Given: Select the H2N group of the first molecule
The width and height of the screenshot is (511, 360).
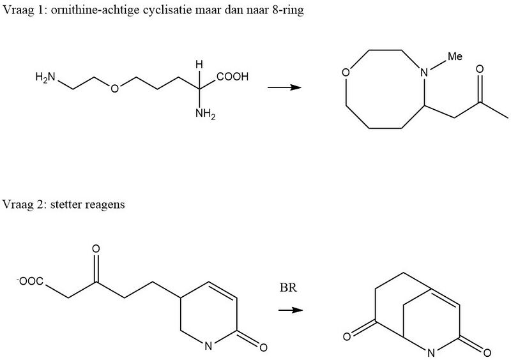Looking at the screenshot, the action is [x=45, y=77].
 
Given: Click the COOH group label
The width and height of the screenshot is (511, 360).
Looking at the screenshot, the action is [x=233, y=77].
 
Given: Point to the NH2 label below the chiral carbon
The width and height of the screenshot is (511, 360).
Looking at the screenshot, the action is [x=205, y=114].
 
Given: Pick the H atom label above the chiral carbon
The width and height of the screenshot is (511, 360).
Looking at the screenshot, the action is [x=199, y=65].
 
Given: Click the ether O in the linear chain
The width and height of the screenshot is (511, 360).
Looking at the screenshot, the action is [x=114, y=88].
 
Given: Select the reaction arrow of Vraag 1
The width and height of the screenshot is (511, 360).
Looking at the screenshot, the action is [x=284, y=87].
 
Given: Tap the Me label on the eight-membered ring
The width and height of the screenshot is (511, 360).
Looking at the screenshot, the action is [x=455, y=56].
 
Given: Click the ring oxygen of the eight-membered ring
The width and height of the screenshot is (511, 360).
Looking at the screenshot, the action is [x=346, y=72].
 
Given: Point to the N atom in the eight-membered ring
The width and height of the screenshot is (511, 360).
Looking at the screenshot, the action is [x=424, y=72].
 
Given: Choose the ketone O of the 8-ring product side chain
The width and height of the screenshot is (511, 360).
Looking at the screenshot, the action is [x=480, y=69].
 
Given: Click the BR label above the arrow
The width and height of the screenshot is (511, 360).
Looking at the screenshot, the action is [x=289, y=288].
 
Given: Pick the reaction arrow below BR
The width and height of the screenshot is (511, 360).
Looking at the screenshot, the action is [x=291, y=310].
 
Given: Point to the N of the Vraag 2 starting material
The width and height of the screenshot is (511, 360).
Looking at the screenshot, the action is [x=208, y=346].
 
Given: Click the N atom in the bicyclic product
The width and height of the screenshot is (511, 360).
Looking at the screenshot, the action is [x=431, y=353].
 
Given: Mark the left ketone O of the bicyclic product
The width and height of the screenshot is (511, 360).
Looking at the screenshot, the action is [x=347, y=336].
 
